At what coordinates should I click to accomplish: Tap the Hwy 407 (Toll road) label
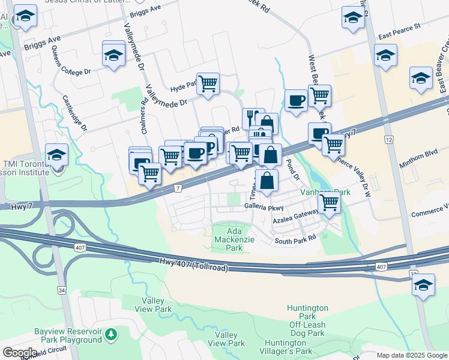point(194,265)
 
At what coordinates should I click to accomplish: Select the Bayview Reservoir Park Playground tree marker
point(110,334)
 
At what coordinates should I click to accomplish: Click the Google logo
point(20,353)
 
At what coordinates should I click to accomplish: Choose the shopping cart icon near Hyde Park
point(208,83)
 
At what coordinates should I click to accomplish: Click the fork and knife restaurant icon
point(253,118)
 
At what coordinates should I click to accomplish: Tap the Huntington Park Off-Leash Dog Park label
point(307,320)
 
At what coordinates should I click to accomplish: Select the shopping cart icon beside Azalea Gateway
point(329,202)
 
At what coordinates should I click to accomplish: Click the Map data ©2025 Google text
point(412,355)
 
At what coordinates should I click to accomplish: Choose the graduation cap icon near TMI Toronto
point(56,155)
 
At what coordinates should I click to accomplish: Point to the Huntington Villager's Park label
point(286,351)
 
